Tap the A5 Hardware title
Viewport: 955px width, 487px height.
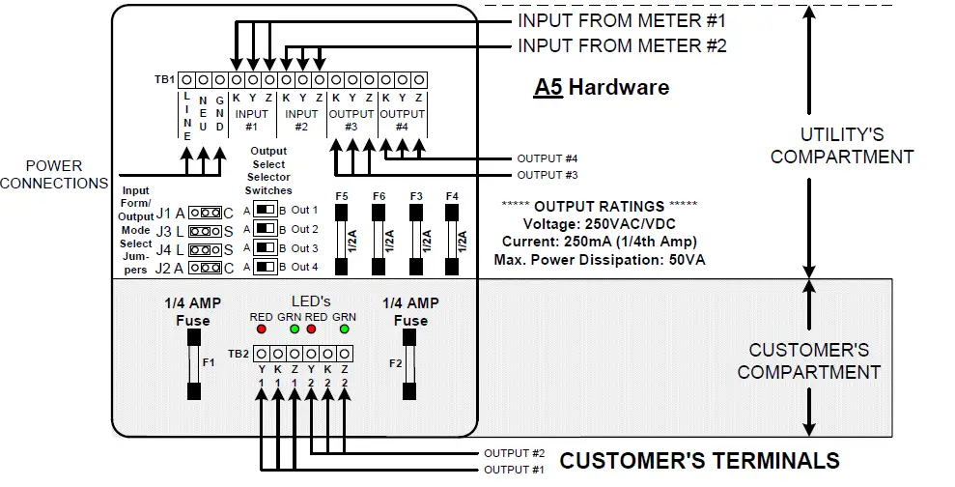[601, 87]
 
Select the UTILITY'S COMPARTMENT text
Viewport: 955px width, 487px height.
[841, 145]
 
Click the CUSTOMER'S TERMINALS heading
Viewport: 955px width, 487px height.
[699, 460]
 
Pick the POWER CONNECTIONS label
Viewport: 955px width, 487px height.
[54, 175]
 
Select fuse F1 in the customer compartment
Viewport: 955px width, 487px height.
[194, 364]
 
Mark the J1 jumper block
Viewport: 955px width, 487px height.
[205, 213]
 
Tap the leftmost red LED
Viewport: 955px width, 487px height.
[261, 329]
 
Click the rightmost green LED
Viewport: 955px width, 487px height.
[344, 329]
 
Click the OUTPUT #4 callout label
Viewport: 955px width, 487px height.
[548, 158]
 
